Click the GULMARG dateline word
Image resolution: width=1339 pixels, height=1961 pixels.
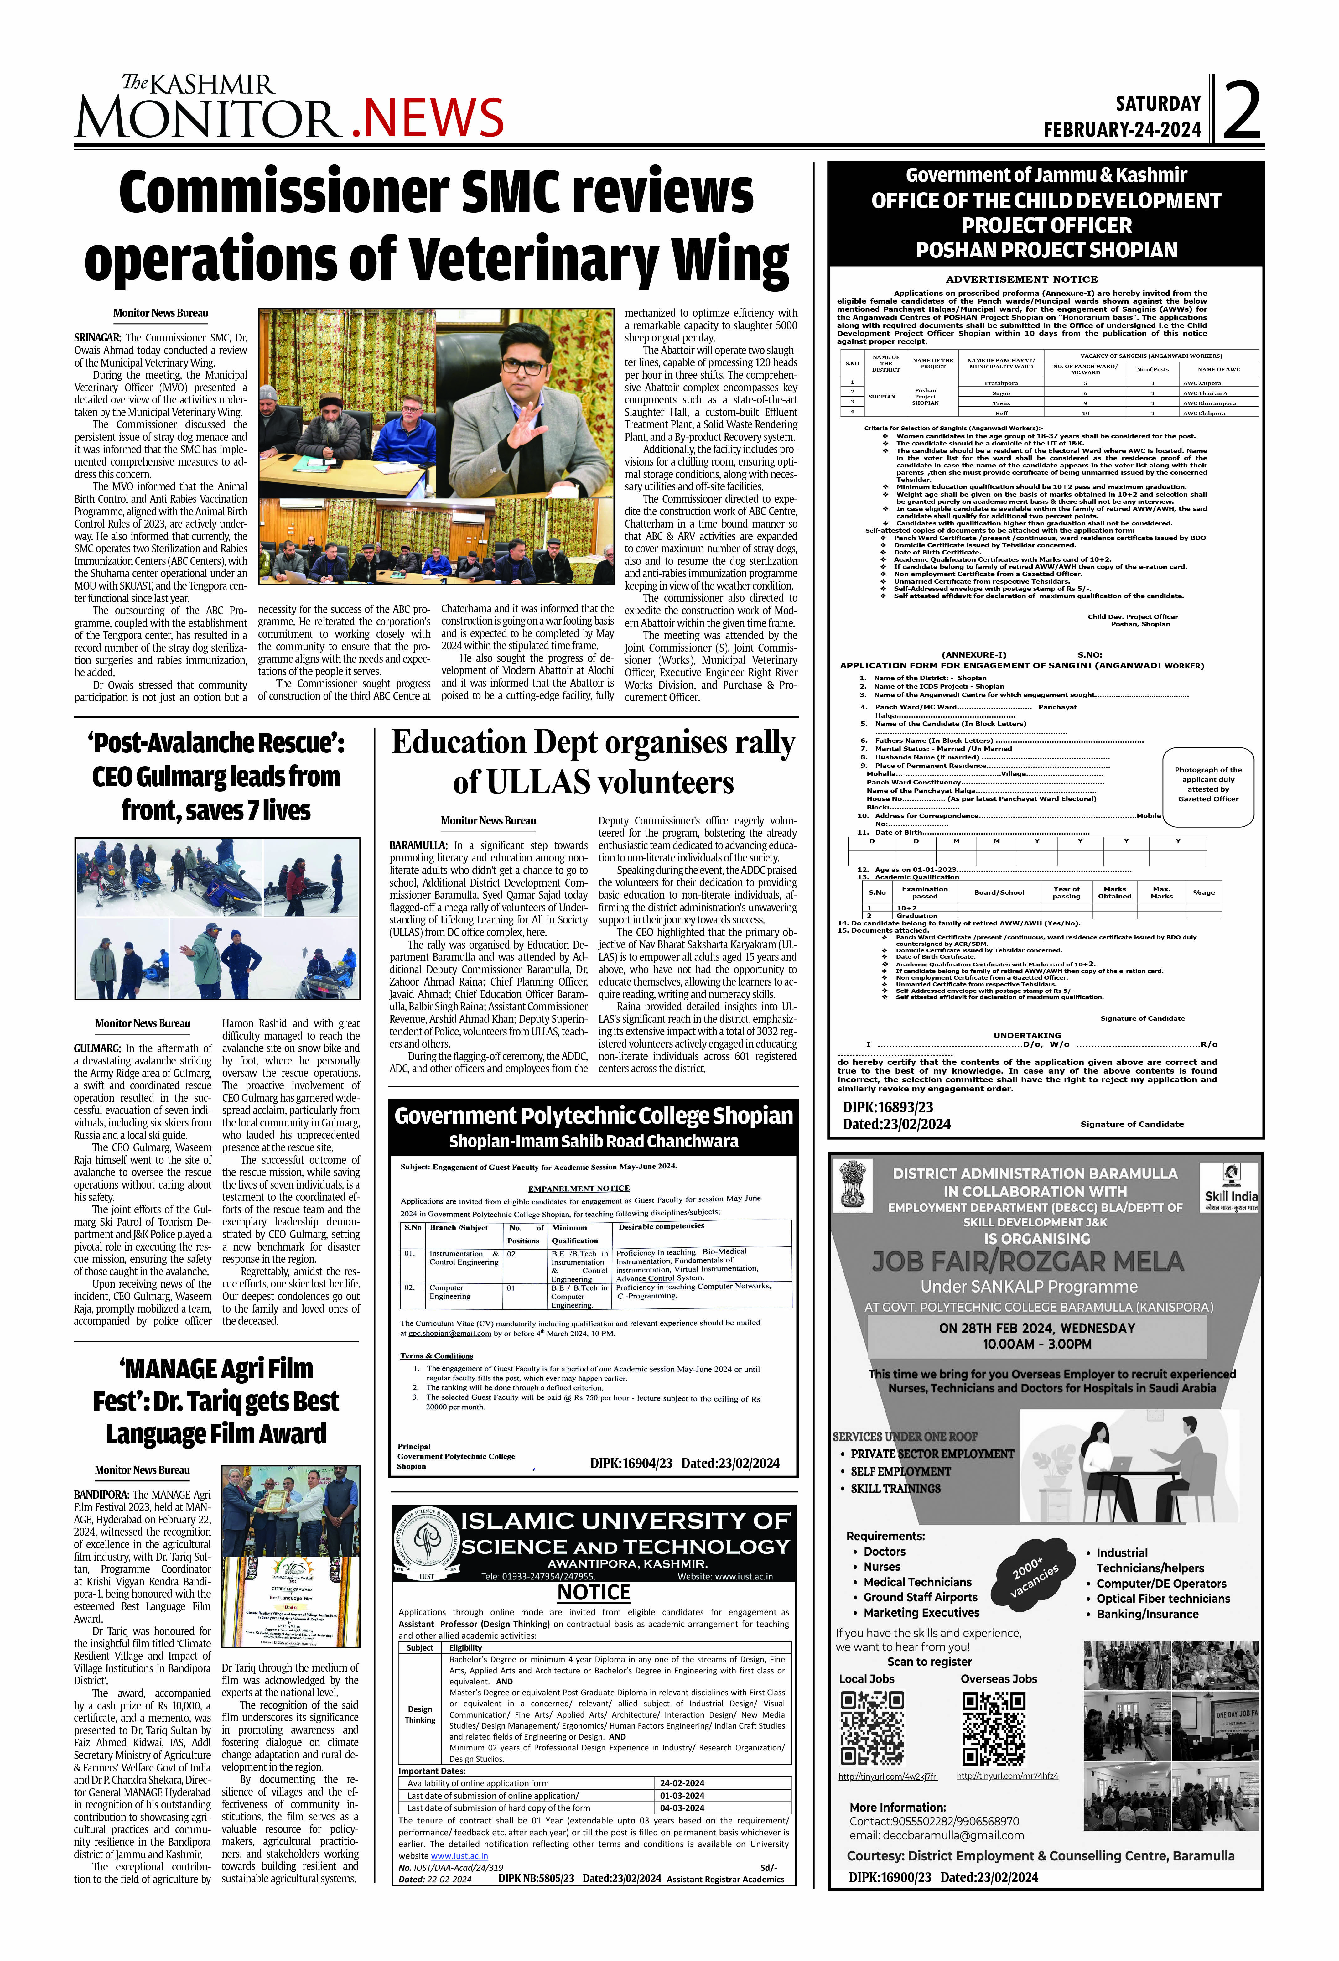point(97,1049)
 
